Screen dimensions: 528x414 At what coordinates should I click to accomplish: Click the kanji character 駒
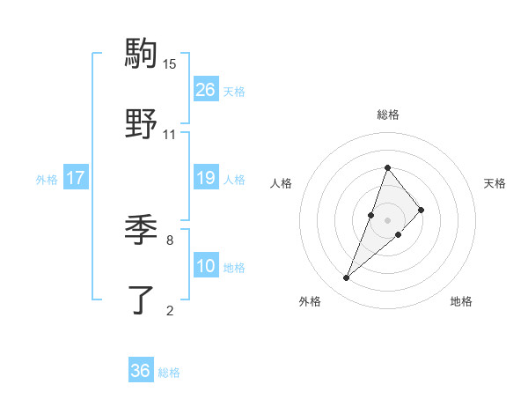click(141, 53)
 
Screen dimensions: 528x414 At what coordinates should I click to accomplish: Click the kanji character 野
click(141, 125)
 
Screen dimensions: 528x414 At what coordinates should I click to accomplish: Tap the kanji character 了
click(141, 301)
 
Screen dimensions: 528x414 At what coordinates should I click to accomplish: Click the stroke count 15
click(170, 63)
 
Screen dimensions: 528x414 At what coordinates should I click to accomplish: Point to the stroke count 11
click(170, 135)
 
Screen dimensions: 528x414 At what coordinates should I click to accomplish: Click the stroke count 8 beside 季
click(170, 239)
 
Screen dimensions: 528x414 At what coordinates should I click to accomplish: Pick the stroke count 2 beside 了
click(170, 310)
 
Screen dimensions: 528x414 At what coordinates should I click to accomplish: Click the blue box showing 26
click(206, 90)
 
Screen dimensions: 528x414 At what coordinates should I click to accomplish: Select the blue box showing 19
click(206, 178)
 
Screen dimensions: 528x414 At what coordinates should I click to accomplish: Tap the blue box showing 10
click(206, 266)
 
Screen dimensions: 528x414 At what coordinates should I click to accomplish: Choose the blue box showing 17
click(76, 178)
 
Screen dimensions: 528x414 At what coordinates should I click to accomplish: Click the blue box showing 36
click(141, 371)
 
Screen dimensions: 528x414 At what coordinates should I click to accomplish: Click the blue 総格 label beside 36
click(169, 373)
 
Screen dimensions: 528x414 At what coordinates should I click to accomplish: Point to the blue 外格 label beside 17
click(46, 180)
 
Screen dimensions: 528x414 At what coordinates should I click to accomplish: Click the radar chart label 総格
click(387, 115)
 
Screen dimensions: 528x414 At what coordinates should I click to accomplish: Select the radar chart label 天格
click(495, 183)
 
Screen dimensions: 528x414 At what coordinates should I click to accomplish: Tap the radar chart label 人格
click(281, 183)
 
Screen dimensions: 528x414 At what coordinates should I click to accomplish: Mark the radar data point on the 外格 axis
click(346, 277)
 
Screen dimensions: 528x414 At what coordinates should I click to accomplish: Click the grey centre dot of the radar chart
click(387, 220)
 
